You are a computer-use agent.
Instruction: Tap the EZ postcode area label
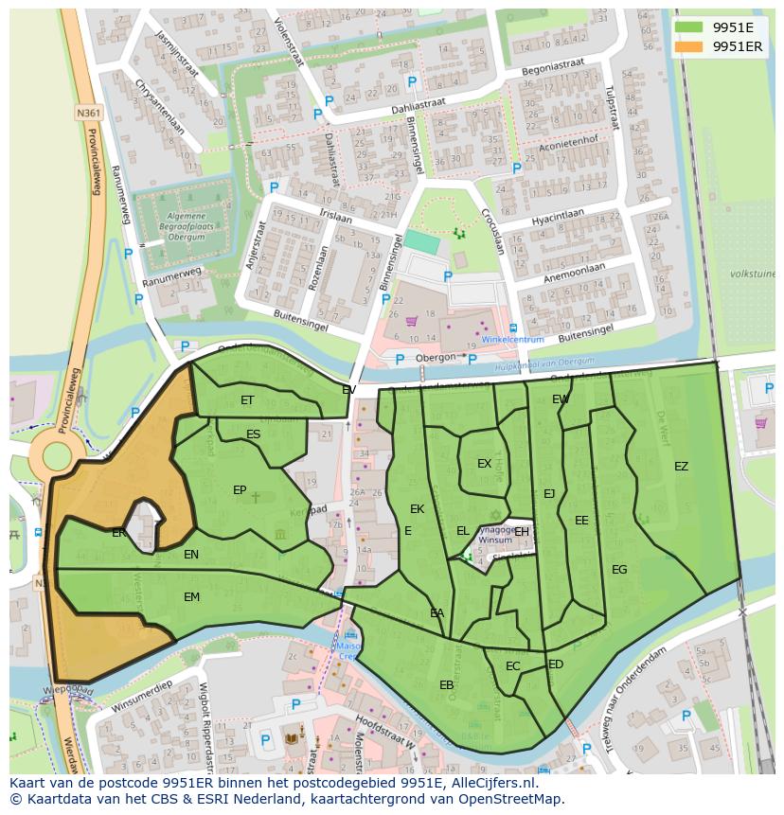681,467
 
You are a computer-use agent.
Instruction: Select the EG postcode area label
619,570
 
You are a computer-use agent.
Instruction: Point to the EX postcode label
484,464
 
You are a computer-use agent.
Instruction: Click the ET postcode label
247,400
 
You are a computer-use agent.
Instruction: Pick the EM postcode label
192,597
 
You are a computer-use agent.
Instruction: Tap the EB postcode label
447,685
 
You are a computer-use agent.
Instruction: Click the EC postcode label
512,666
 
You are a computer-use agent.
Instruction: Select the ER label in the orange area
118,534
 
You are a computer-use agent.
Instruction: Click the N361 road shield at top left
88,113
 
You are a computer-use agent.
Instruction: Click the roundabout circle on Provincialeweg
55,457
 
